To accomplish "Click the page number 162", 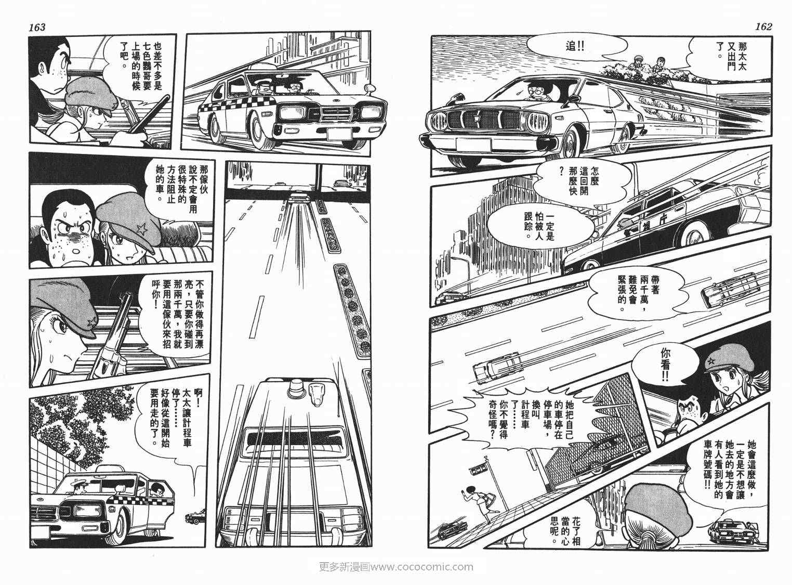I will (761, 27).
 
